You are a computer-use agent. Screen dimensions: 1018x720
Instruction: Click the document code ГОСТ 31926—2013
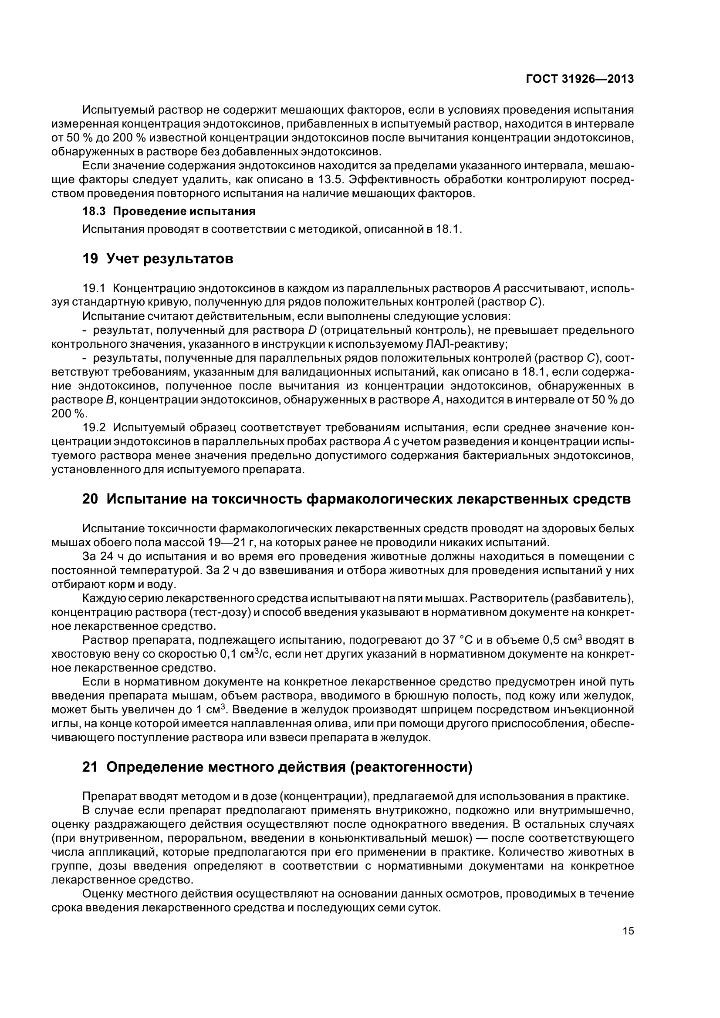click(579, 79)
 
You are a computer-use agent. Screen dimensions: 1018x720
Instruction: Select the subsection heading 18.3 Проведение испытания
click(169, 211)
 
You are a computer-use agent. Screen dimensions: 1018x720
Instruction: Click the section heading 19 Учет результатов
click(158, 259)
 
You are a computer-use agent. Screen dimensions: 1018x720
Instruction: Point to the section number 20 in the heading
click(90, 499)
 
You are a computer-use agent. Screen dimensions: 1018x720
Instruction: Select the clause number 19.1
click(94, 289)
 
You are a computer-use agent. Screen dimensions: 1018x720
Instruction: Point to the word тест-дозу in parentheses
click(215, 612)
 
